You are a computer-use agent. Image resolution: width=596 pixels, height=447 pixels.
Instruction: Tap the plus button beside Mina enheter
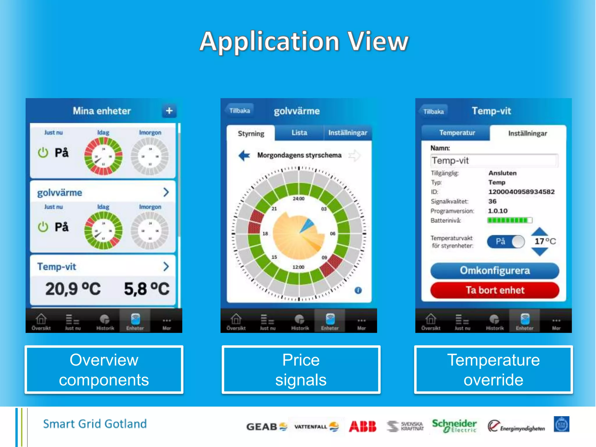point(169,111)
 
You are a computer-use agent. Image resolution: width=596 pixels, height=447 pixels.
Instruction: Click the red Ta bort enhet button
point(495,290)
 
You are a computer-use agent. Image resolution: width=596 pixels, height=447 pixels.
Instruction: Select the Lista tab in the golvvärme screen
point(299,133)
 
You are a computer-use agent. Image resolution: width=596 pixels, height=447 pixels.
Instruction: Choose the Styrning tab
point(251,134)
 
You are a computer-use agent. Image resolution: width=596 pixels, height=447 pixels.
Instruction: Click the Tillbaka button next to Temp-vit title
point(433,111)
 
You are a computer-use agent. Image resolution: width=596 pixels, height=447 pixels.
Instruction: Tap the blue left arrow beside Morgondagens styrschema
point(244,155)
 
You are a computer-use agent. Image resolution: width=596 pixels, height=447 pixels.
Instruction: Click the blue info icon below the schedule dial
point(358,290)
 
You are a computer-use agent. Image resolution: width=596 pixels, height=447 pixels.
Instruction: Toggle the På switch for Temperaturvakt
point(506,242)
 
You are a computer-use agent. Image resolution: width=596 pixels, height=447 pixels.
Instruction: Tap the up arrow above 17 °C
point(540,232)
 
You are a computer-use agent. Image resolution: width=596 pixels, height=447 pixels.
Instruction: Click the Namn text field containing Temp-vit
point(494,160)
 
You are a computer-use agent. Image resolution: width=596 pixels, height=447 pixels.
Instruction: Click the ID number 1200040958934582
point(521,192)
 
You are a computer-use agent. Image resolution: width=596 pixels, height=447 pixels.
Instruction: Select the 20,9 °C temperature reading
point(73,289)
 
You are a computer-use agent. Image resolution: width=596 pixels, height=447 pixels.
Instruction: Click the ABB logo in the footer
point(363,426)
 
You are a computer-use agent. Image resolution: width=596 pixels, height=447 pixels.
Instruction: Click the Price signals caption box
point(301,370)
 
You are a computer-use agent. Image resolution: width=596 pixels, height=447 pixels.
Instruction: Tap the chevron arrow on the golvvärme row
point(166,192)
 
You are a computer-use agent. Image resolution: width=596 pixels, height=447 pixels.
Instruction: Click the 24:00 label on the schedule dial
point(298,199)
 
